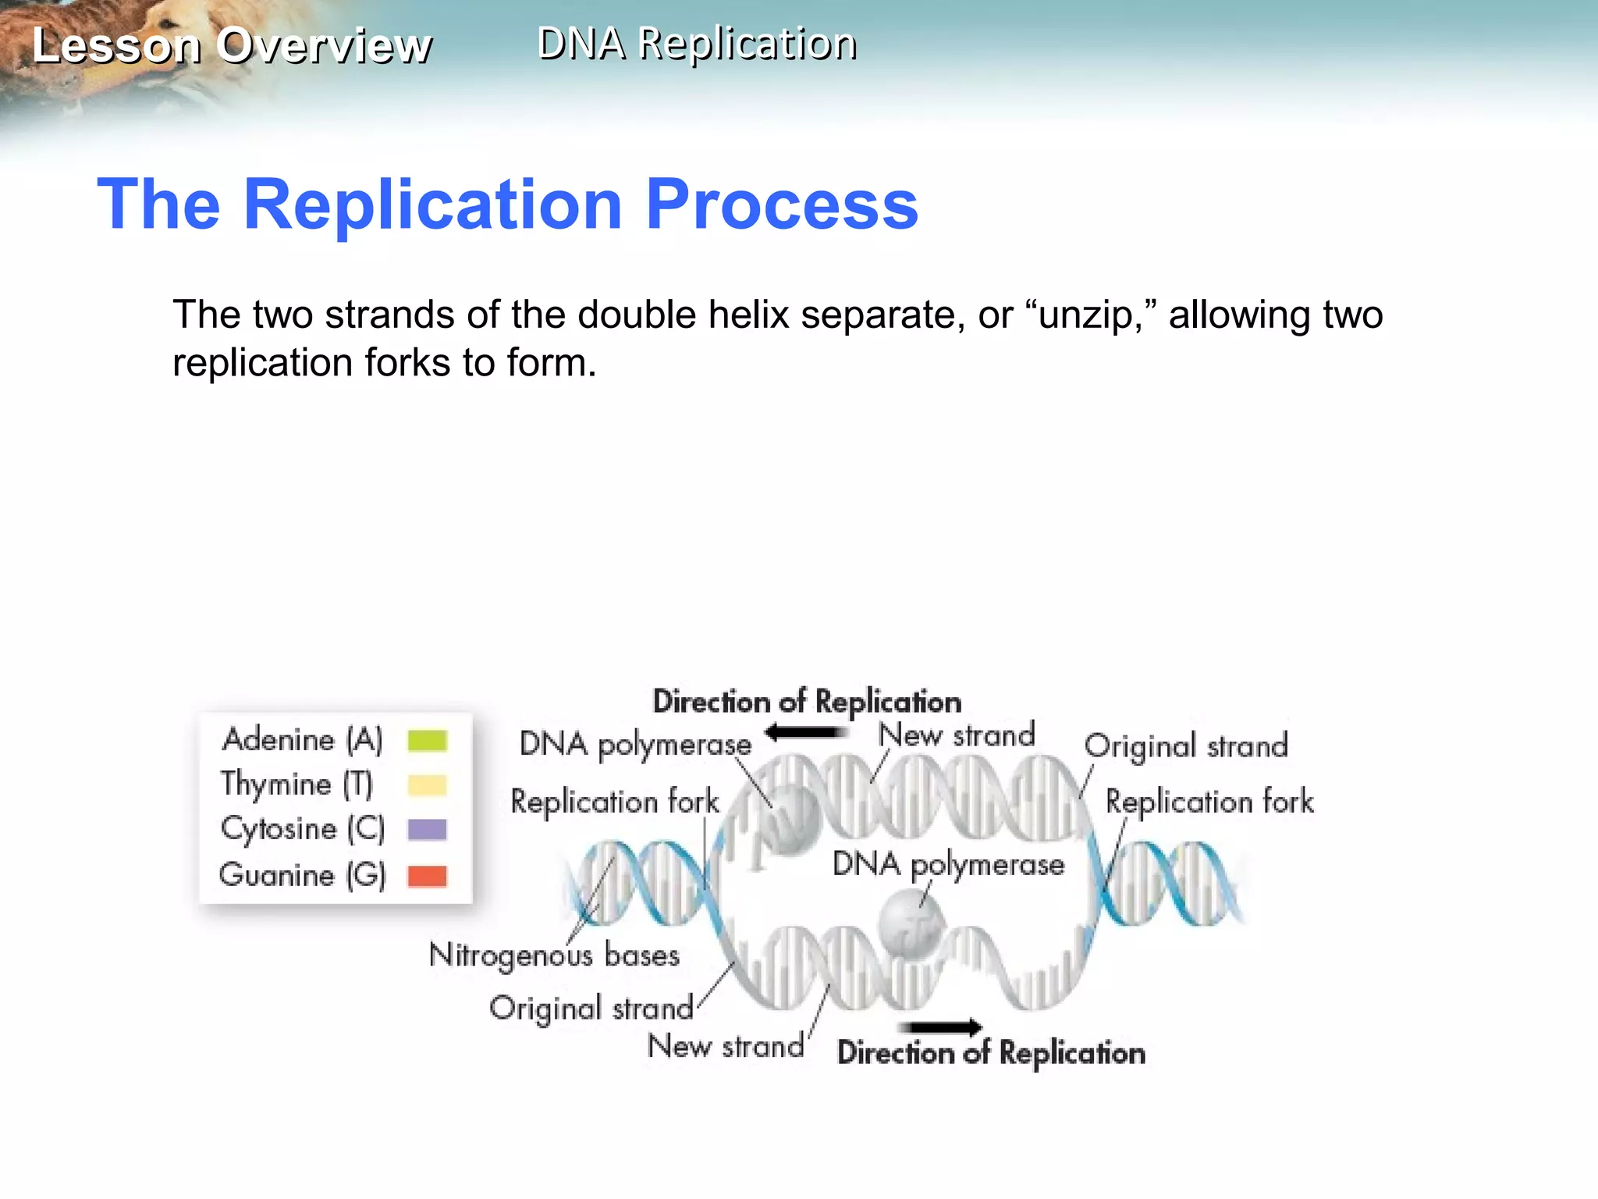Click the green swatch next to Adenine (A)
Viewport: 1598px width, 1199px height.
[x=427, y=740]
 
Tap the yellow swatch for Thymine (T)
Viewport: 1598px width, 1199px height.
[x=427, y=785]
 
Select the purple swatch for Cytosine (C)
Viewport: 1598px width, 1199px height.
[x=427, y=829]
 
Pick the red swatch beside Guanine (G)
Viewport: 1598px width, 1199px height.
[x=427, y=876]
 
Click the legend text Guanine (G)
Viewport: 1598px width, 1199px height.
[x=303, y=875]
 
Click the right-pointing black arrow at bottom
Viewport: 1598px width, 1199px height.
[x=940, y=1026]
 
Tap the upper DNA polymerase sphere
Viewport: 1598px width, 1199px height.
[x=790, y=819]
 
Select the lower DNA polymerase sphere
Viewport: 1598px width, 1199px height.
[x=910, y=925]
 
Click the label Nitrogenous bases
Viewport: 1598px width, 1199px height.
[x=554, y=955]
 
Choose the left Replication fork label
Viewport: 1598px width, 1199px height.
[x=615, y=802]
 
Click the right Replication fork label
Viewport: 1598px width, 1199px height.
[x=1209, y=802]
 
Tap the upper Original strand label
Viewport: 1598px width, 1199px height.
[x=1185, y=746]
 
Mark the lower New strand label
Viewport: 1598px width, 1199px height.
[x=726, y=1046]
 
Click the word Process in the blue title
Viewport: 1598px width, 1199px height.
[x=782, y=205]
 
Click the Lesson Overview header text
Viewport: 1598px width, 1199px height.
[x=232, y=45]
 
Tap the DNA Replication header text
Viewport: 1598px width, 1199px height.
[x=697, y=44]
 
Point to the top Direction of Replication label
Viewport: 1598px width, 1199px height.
[x=807, y=702]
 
